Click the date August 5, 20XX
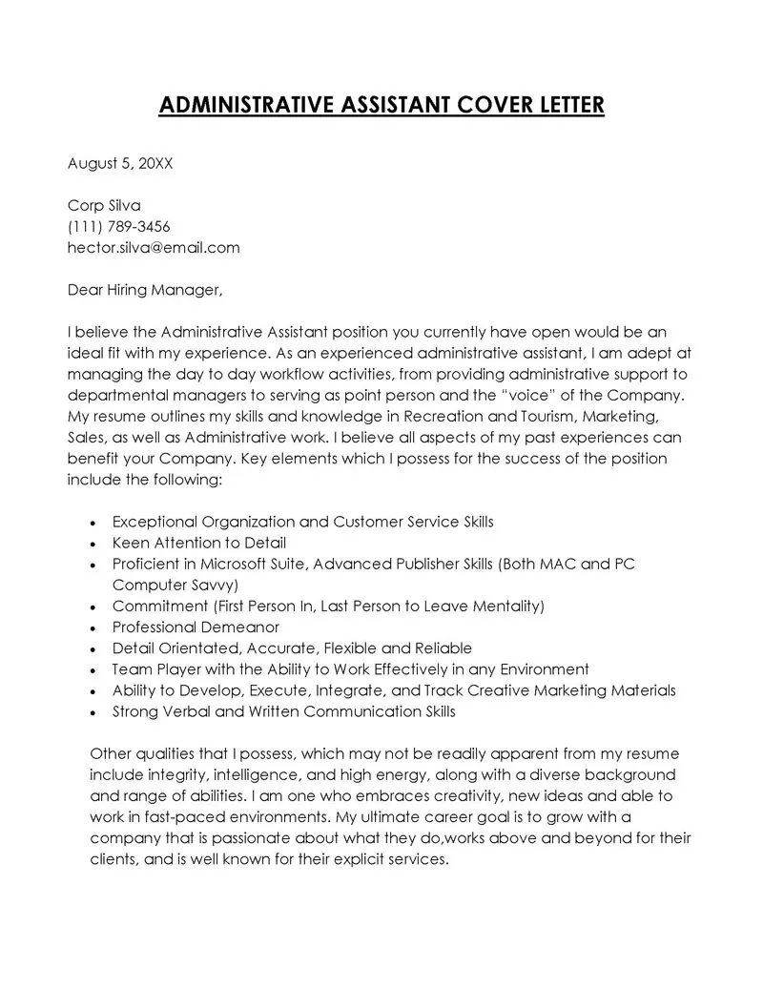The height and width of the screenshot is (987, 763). pos(120,163)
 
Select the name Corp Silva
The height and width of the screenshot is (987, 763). pos(104,206)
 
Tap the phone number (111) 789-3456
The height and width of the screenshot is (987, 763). pos(119,227)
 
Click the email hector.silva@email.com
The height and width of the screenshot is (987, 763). pos(154,248)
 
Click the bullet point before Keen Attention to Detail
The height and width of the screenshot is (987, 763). pos(91,545)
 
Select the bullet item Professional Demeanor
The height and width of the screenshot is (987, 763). pos(196,627)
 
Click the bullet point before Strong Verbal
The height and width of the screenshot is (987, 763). pos(91,712)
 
